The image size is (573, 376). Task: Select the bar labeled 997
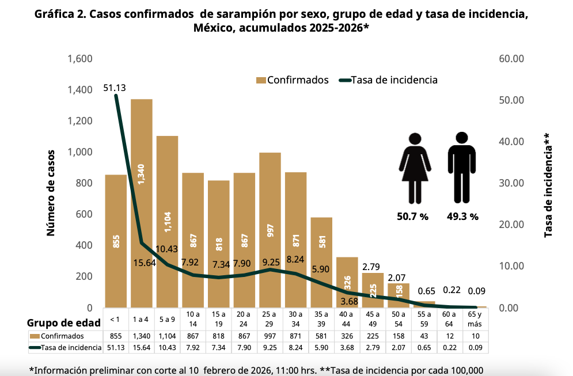[x=270, y=230]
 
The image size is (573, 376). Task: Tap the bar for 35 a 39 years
[x=321, y=262]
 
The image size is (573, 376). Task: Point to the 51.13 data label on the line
[x=115, y=88]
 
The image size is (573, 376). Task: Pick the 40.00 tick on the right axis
[x=510, y=142]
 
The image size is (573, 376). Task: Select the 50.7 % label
[x=413, y=217]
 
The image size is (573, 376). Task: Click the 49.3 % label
[x=462, y=217]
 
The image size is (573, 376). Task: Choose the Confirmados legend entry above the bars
[x=292, y=80]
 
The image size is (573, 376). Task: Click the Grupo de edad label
[x=64, y=322]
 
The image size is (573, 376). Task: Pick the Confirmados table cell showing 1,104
[x=167, y=336]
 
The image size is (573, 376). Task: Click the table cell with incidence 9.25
[x=270, y=348]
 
